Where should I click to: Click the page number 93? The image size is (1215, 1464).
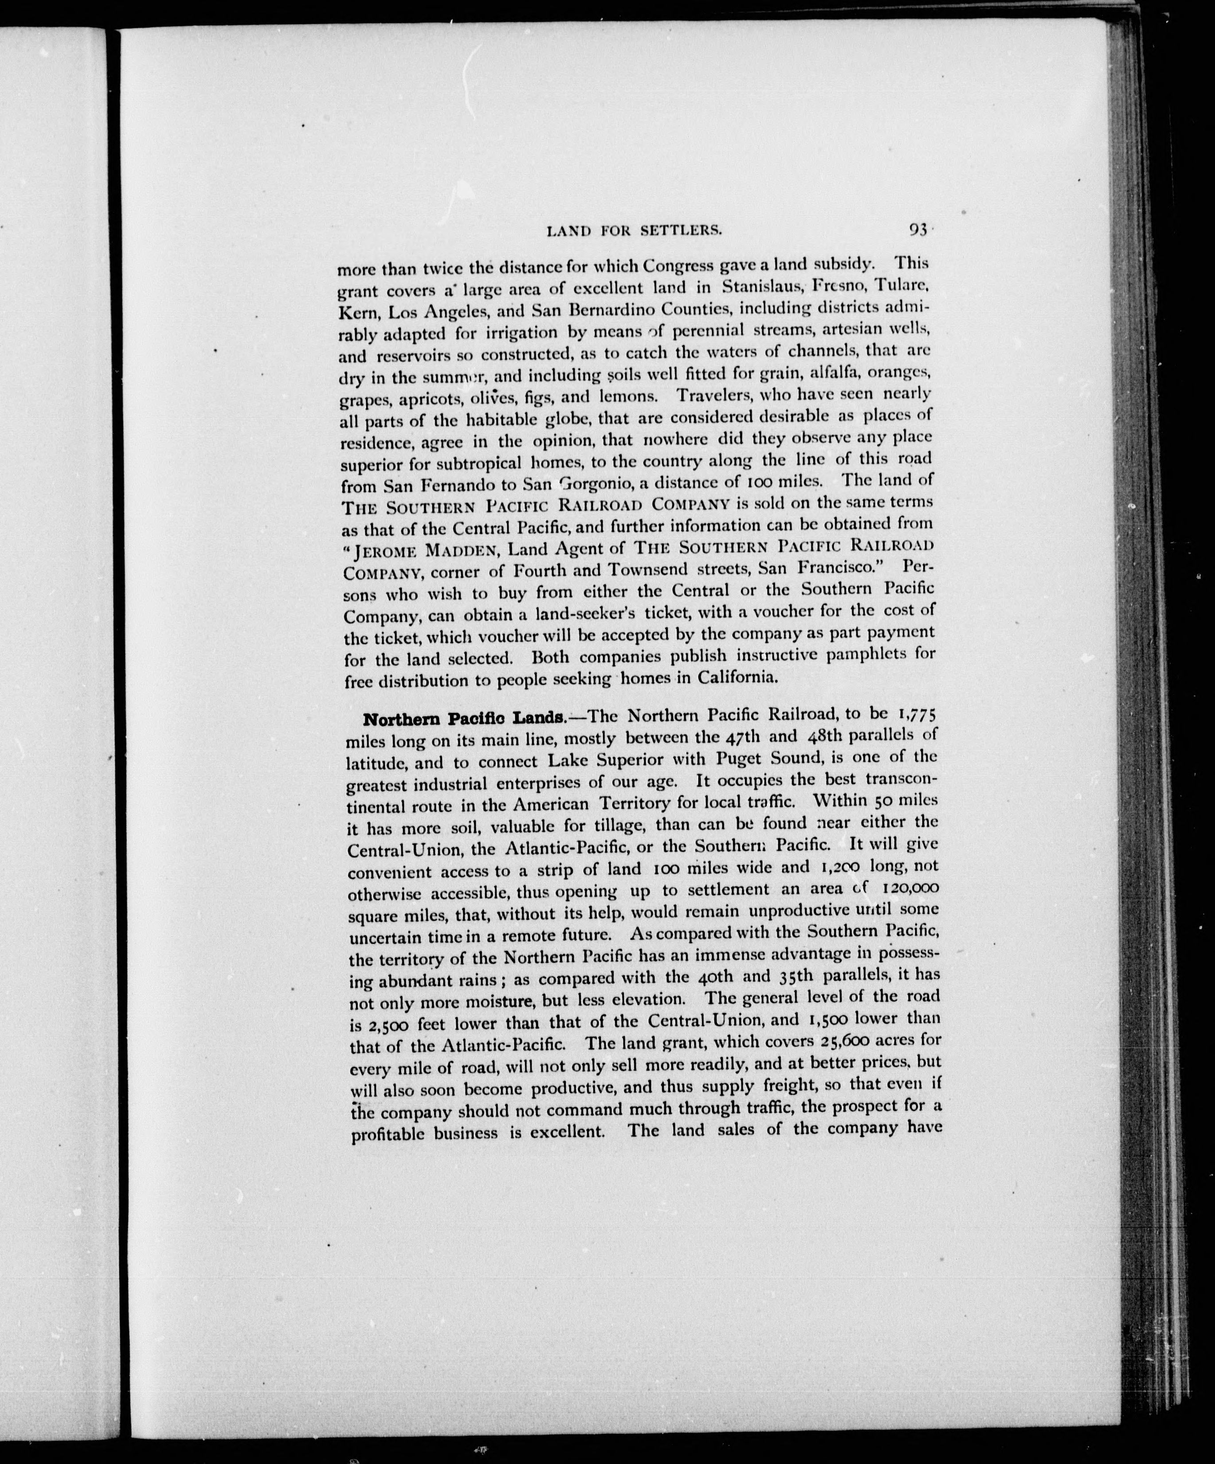tap(917, 230)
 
